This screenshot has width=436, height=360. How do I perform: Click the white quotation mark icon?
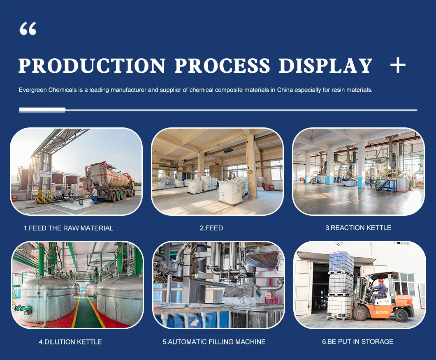pos(28,29)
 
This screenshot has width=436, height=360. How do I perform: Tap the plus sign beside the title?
pos(397,65)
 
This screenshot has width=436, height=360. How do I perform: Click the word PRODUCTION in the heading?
pos(92,66)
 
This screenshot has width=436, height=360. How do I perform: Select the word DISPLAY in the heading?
pos(325,66)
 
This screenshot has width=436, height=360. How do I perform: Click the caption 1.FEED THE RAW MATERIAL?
pos(68,228)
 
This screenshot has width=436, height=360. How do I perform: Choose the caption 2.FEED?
pos(211,228)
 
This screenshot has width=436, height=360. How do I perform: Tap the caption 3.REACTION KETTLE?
pos(358,228)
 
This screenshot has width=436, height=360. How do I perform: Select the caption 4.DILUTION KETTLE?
pos(70,342)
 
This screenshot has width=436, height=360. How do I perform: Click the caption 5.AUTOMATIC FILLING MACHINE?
pos(214,342)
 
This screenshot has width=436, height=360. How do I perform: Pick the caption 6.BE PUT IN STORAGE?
pos(358,342)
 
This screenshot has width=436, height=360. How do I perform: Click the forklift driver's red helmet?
pos(381,281)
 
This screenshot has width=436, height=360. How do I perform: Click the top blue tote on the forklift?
pos(341,263)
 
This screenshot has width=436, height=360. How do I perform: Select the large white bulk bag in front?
pos(230,193)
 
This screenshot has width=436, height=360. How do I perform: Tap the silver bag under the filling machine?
pos(241,294)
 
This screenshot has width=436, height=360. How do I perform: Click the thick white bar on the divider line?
pos(42,110)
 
